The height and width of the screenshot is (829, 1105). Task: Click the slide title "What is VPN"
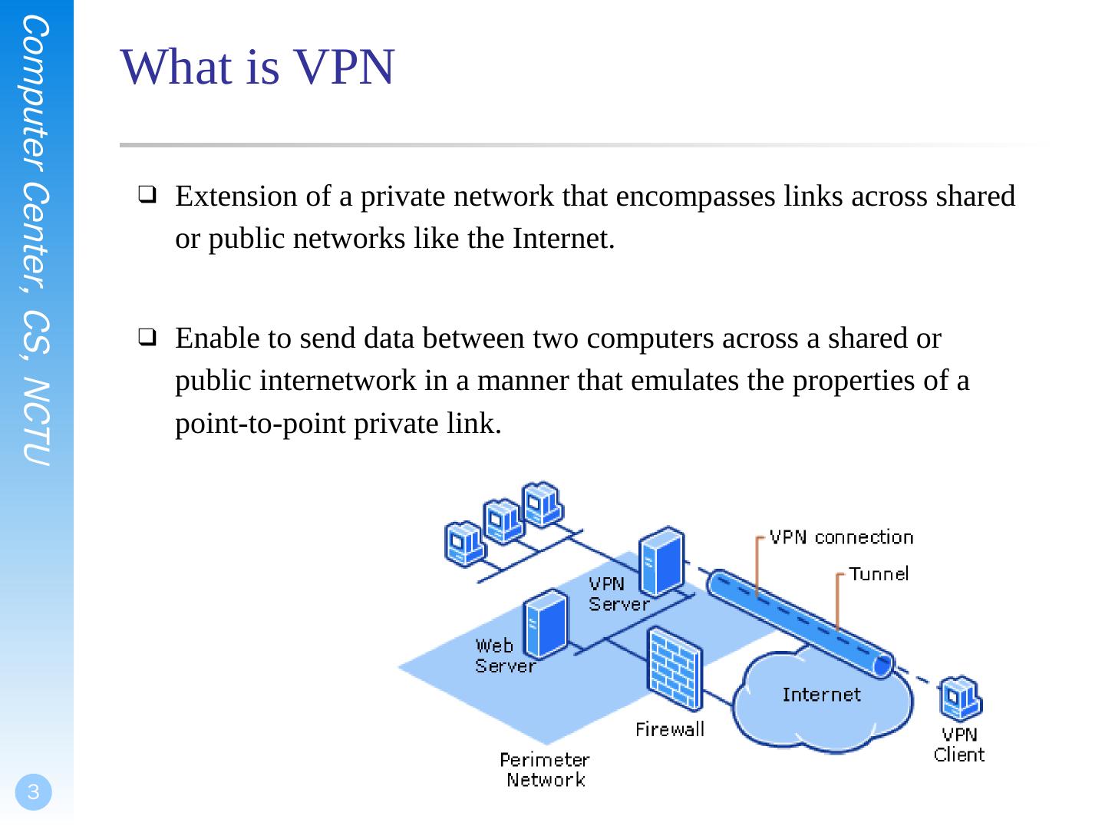[x=258, y=67]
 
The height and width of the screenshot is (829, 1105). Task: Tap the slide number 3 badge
[x=33, y=792]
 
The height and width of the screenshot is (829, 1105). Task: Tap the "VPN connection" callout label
[x=841, y=537]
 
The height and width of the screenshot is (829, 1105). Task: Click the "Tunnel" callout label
[x=878, y=573]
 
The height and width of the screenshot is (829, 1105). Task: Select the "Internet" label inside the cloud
[x=821, y=695]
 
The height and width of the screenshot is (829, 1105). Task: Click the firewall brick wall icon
[x=674, y=670]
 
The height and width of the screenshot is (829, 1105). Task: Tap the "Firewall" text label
[x=669, y=729]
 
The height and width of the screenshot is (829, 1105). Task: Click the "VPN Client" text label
[x=958, y=745]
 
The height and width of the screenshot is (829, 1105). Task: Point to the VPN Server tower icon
[x=661, y=563]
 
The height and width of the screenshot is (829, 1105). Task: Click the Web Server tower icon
[x=546, y=623]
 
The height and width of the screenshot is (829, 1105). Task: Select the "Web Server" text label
[x=504, y=656]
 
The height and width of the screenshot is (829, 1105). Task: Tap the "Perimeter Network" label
[x=545, y=770]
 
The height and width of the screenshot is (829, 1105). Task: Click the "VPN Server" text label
[x=618, y=594]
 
